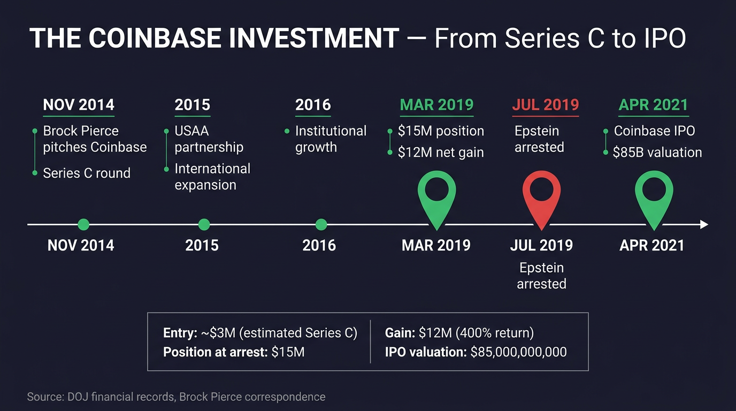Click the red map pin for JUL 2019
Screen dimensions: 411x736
(x=541, y=193)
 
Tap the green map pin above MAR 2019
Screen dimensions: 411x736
(x=436, y=193)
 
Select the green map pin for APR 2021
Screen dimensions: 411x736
(x=654, y=193)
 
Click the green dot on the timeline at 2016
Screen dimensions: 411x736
(x=321, y=225)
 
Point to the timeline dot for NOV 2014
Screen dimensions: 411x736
(x=83, y=225)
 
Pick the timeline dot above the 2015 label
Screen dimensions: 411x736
(x=204, y=225)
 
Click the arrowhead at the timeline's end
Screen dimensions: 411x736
(x=704, y=225)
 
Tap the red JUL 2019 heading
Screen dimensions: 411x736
(x=545, y=105)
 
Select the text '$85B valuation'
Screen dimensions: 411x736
(x=658, y=153)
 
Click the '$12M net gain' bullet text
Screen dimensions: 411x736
(x=441, y=153)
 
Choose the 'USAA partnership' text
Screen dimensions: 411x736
(x=209, y=139)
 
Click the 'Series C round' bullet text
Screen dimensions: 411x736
(x=87, y=173)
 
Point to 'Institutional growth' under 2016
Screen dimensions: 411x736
(x=331, y=139)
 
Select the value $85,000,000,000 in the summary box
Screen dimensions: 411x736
(x=518, y=352)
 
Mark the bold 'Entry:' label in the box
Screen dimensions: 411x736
(x=180, y=333)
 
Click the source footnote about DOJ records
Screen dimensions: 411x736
(x=176, y=397)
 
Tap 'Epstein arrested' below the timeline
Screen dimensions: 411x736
(x=541, y=276)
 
